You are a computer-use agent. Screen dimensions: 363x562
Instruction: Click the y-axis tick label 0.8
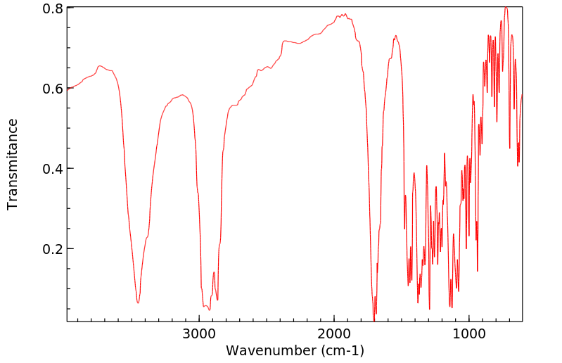tap(54, 8)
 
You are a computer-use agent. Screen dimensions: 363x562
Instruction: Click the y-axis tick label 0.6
tap(54, 89)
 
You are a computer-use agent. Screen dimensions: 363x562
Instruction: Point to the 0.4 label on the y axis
tap(54, 169)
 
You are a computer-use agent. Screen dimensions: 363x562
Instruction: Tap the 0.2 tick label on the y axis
tap(54, 249)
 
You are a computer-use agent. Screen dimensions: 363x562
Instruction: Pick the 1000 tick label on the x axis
tap(468, 333)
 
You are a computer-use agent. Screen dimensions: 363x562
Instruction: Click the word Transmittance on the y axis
tap(13, 164)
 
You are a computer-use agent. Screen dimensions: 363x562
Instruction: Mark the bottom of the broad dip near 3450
tap(139, 303)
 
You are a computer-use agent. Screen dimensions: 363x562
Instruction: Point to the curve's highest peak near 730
tap(505, 7)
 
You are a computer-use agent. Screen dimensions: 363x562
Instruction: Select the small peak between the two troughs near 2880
tap(214, 272)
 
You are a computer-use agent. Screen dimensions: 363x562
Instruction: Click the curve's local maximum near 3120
tap(182, 95)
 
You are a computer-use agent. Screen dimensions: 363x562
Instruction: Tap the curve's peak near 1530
tap(396, 35)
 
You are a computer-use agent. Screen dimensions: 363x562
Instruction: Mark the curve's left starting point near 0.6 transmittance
tap(68, 89)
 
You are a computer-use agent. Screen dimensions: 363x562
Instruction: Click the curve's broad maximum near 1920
tap(344, 14)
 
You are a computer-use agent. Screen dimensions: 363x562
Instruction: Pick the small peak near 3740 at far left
tap(100, 66)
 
